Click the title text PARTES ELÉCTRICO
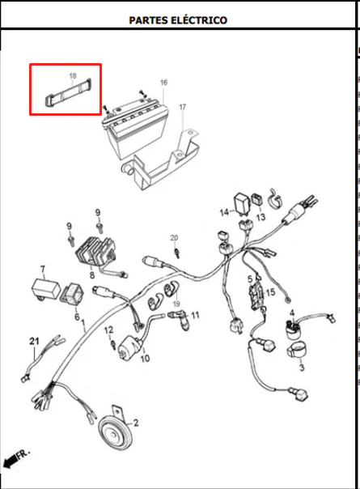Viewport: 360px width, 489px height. pos(178,20)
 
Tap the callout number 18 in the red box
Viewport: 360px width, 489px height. pos(73,76)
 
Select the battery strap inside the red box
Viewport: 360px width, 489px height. pos(67,91)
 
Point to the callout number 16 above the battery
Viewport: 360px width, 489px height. pos(163,83)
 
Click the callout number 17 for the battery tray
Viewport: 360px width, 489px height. pos(182,107)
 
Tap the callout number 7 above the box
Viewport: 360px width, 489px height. pos(42,269)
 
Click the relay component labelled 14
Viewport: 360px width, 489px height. pos(242,204)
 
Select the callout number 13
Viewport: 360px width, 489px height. pos(260,217)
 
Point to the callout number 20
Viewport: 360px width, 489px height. pos(174,238)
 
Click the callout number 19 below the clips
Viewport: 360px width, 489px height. pos(176,304)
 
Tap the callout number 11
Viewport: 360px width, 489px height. pos(195,315)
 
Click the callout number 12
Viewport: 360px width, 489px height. pos(108,330)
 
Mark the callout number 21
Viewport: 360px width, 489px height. pos(34,341)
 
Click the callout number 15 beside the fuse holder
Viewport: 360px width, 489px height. pos(270,292)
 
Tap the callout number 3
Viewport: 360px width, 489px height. pos(302,368)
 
